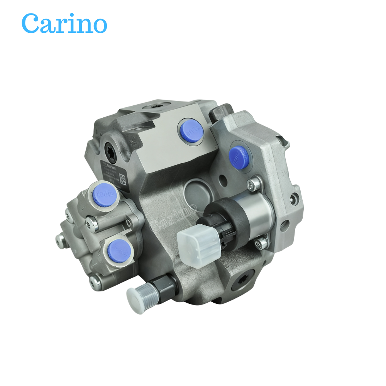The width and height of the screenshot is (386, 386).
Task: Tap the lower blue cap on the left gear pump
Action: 118,250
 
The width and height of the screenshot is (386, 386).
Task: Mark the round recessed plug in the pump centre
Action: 196,191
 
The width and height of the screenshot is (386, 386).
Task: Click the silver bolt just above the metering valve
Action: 254,184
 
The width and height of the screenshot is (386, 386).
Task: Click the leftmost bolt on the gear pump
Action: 60,240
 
